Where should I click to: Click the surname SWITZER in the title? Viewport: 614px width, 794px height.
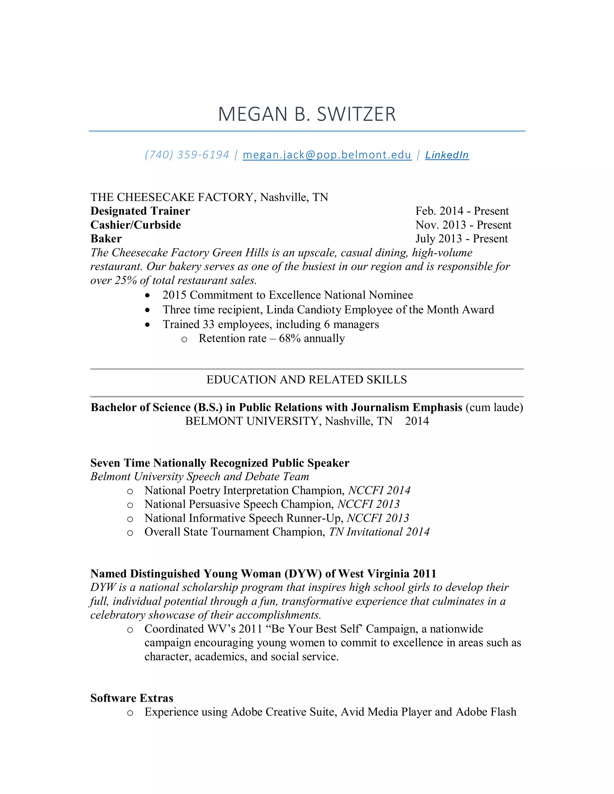[356, 114]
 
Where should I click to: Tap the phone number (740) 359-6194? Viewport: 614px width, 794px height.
[187, 155]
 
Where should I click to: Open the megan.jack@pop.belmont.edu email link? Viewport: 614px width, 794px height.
[327, 155]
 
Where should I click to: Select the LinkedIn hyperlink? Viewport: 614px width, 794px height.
[447, 155]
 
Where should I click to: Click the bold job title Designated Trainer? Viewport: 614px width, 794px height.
[140, 211]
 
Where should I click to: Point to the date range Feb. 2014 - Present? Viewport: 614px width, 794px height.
[462, 211]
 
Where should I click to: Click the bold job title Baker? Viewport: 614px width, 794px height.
[106, 238]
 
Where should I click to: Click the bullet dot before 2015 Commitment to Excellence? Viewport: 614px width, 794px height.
[147, 295]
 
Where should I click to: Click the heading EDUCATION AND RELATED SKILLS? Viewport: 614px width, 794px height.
[307, 380]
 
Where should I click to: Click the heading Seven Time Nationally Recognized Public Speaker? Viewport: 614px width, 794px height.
[220, 463]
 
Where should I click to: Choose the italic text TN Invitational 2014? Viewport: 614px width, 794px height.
[379, 532]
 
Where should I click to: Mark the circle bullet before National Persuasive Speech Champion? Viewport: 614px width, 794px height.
[130, 505]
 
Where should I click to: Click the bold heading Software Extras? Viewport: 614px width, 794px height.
[132, 698]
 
